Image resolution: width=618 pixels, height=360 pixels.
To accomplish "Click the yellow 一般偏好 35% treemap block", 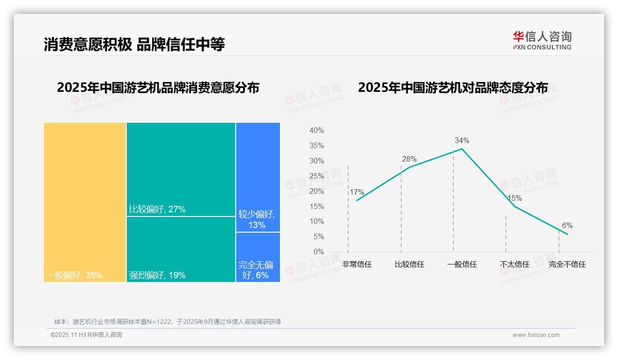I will [85, 202].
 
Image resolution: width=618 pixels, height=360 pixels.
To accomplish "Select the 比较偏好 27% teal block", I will [181, 169].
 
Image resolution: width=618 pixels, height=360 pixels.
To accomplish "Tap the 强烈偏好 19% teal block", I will [181, 249].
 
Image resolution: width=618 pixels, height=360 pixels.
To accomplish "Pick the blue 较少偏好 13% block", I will [258, 177].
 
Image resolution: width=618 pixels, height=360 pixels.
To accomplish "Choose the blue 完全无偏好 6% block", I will [258, 257].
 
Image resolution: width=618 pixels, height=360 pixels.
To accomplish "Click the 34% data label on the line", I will [462, 141].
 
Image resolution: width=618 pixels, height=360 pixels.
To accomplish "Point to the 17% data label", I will [357, 192].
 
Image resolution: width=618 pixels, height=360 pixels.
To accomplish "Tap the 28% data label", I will [409, 159].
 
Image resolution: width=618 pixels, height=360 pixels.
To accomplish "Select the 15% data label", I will [514, 198].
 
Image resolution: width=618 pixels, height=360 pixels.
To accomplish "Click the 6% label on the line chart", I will [567, 226].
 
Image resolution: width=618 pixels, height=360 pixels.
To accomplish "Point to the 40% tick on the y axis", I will [316, 131].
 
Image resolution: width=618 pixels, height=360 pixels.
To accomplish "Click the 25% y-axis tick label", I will [316, 176].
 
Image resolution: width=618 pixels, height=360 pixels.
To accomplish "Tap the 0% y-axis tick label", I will [319, 252].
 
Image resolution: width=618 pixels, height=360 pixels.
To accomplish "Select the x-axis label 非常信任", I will [357, 264].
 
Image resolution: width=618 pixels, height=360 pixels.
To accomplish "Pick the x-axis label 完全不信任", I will [567, 264].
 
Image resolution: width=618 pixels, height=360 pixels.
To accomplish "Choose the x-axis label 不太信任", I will [514, 264].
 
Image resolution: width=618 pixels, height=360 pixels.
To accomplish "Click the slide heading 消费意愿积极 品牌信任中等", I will [134, 45].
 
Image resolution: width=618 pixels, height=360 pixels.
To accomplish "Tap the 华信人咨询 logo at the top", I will [542, 40].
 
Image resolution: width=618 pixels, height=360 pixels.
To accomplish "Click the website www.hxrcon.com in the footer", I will [536, 335].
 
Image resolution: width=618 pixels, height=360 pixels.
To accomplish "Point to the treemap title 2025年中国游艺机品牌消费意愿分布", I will [158, 88].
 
